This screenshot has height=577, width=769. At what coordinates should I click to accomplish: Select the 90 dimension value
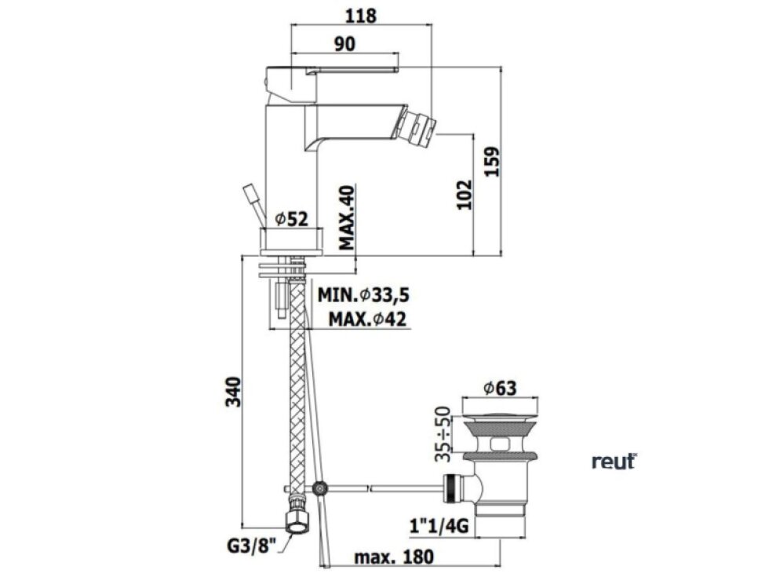click(344, 44)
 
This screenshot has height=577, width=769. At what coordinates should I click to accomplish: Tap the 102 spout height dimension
click(464, 195)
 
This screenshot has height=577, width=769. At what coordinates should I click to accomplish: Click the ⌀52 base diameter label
click(292, 219)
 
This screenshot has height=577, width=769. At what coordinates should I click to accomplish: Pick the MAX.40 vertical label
click(346, 217)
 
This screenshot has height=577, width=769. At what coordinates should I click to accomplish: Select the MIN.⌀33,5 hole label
click(363, 295)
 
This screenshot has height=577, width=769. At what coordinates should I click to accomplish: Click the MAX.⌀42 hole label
click(367, 320)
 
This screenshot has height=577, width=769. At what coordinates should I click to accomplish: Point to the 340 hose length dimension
click(234, 392)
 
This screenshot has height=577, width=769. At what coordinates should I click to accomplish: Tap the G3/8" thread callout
click(252, 546)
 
